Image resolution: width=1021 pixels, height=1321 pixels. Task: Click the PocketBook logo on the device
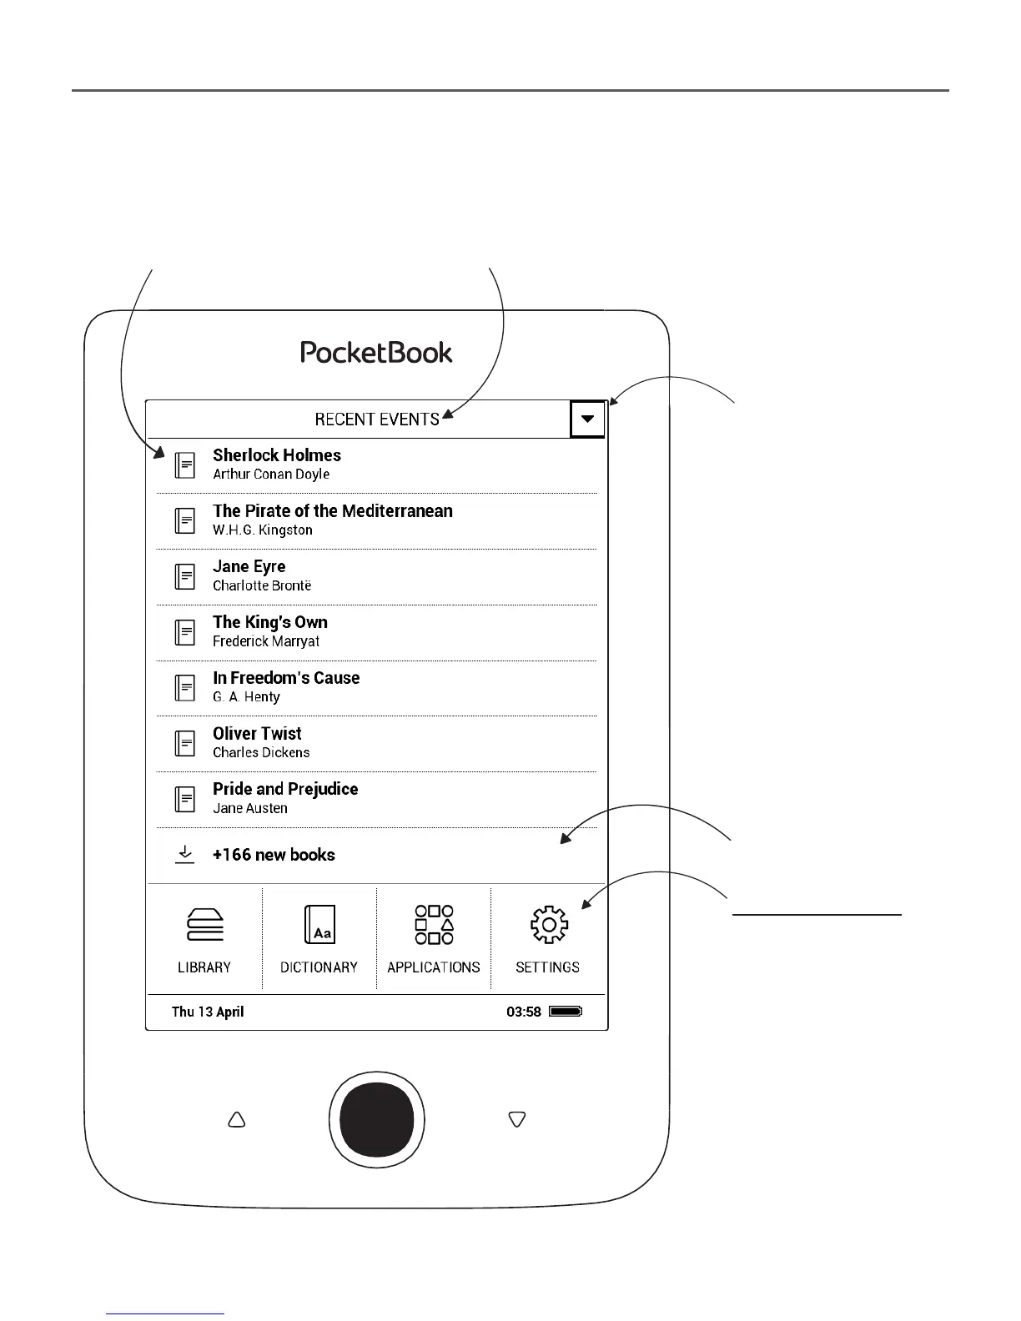376,352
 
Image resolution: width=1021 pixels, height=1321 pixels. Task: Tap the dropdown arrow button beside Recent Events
587,419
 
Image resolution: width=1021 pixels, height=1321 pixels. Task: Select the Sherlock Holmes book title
277,455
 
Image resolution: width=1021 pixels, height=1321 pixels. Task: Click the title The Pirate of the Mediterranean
332,511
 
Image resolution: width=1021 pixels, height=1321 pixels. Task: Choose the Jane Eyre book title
249,567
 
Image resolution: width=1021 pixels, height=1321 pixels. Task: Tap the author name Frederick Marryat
266,641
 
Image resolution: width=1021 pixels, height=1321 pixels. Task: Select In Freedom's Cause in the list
286,678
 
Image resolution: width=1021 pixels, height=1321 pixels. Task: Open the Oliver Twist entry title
257,734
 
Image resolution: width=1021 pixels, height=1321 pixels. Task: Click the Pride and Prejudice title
285,789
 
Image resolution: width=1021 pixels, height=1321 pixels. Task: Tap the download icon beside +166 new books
184,855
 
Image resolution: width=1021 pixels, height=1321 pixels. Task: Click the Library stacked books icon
204,925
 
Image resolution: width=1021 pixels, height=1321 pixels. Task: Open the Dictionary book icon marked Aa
319,925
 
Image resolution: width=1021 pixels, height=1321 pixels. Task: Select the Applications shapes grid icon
434,925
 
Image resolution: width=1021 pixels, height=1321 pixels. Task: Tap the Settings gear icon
548,925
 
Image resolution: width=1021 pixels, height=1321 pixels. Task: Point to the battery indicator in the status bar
566,1012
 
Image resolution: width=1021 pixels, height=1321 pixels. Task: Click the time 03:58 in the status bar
524,1012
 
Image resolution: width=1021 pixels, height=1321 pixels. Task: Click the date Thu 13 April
208,1012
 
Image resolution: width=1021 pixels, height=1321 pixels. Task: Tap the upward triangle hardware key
237,1119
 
